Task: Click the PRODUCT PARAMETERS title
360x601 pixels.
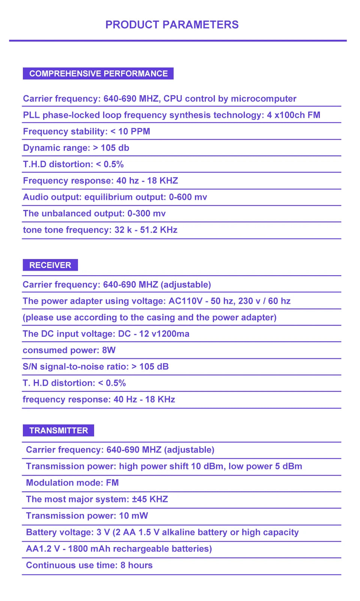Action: click(172, 25)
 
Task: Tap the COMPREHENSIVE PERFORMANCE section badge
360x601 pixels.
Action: click(98, 73)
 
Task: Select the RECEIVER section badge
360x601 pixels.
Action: click(50, 265)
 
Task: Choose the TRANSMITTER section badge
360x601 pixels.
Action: click(58, 430)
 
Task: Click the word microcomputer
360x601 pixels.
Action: click(263, 99)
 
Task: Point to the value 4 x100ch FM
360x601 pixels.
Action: click(293, 115)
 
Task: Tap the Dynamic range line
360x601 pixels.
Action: click(76, 148)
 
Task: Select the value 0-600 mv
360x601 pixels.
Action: click(188, 197)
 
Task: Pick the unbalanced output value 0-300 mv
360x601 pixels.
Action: click(146, 214)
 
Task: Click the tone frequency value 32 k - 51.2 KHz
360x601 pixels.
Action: click(146, 230)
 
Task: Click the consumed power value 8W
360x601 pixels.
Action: click(109, 350)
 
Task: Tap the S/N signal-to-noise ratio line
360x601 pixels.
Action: click(96, 367)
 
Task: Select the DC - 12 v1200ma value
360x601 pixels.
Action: click(154, 334)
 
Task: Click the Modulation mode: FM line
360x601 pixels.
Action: click(72, 483)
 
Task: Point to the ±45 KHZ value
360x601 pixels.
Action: click(150, 499)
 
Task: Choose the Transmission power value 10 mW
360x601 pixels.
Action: click(133, 516)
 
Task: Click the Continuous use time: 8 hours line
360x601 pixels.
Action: click(89, 565)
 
